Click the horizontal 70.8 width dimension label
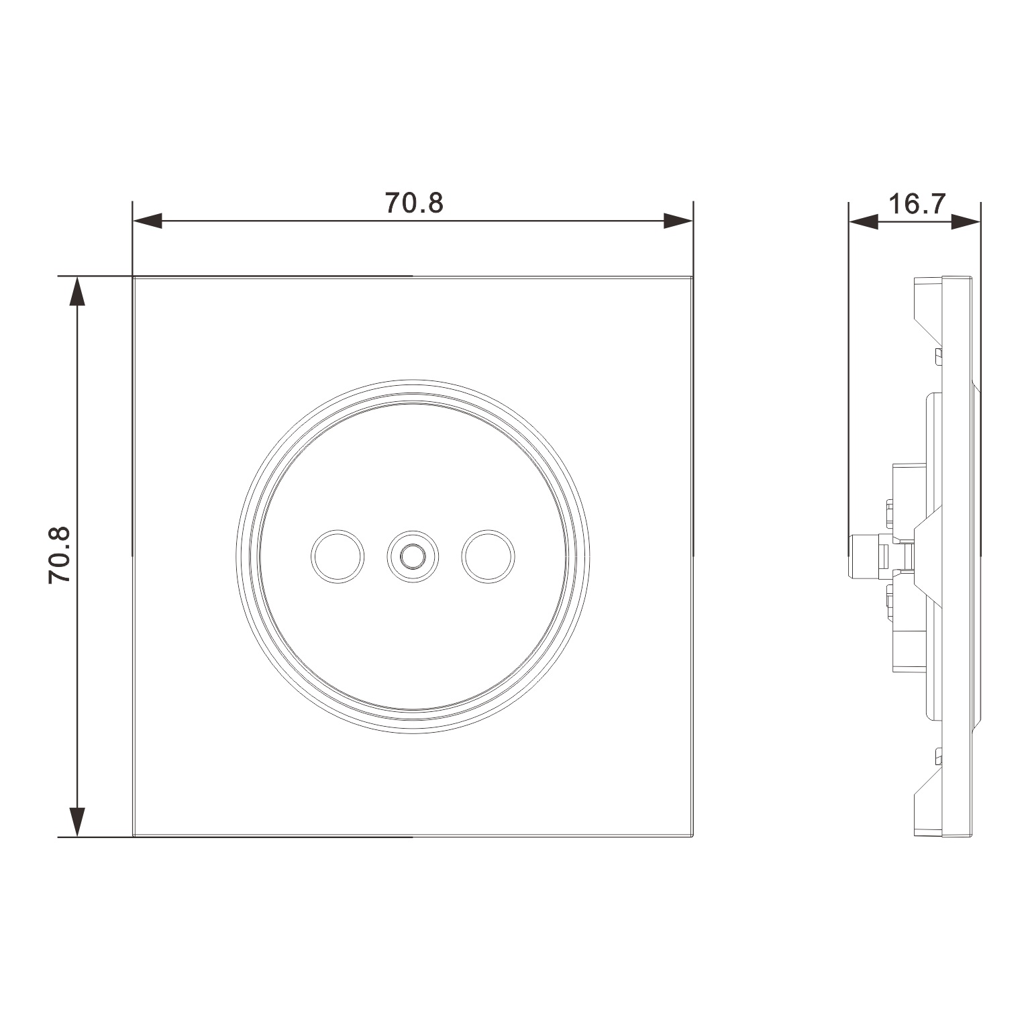[414, 203]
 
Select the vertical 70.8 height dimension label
[60, 555]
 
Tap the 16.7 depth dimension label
[917, 203]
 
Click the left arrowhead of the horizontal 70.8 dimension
[148, 221]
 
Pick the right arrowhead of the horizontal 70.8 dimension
[678, 221]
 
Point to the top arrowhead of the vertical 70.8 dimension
[78, 291]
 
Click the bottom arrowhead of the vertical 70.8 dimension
[78, 822]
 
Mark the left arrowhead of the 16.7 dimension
[864, 221]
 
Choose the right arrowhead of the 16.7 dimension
[966, 221]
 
